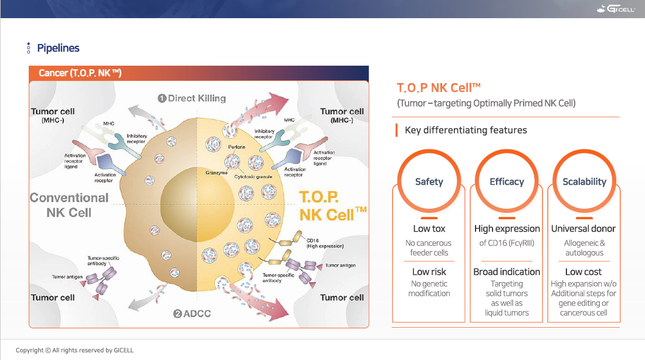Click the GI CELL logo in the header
coord(616,9)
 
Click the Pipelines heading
coord(58,48)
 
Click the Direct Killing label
coord(192,99)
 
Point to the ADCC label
coord(192,314)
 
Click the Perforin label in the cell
coord(236,147)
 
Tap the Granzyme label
coord(216,173)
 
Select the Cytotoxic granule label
coord(253,177)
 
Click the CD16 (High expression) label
coord(325,243)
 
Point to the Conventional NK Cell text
coord(69,205)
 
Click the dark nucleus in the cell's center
coord(198,205)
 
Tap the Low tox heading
coord(429,229)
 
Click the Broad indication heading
coord(507,272)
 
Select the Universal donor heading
coord(583,229)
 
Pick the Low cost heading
coord(583,272)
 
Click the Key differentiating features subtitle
coord(466,130)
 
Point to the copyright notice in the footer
coord(74,350)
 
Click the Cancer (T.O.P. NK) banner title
coord(80,73)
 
